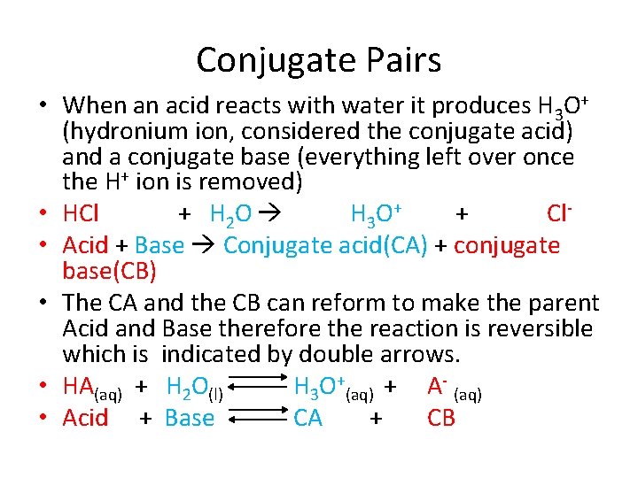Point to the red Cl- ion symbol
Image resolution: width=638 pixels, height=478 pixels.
[557, 214]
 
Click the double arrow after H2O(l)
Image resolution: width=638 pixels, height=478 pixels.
[261, 387]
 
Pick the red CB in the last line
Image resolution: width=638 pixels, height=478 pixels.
[440, 418]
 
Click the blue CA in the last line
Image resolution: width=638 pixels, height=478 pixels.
[307, 418]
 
